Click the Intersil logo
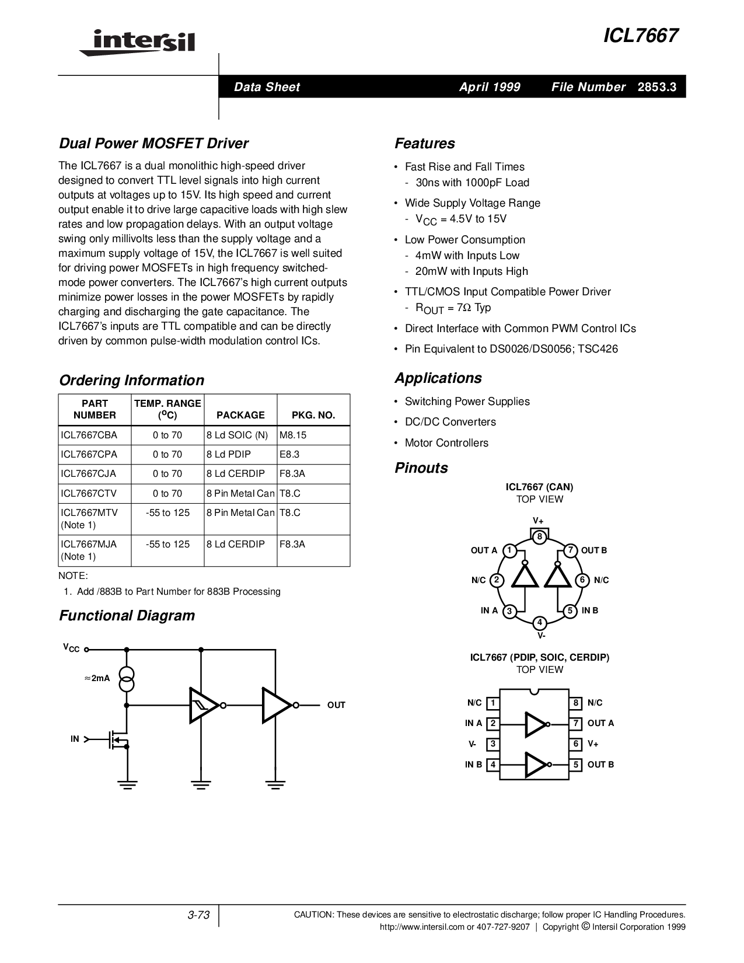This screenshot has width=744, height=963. [x=137, y=42]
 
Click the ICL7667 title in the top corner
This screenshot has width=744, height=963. [x=640, y=36]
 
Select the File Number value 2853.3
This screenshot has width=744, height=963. [x=657, y=87]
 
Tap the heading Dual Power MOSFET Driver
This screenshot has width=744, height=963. [x=153, y=144]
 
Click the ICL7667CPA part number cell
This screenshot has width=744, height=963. [x=89, y=454]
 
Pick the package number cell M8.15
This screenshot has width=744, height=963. [x=293, y=435]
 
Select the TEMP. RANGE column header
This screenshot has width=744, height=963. [x=167, y=409]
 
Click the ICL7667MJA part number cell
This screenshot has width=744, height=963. [x=89, y=544]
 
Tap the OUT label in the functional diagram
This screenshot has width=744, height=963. [x=336, y=705]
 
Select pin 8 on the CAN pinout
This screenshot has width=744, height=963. [x=540, y=536]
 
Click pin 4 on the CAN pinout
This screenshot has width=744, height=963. [x=540, y=623]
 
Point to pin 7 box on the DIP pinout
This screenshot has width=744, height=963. [x=576, y=724]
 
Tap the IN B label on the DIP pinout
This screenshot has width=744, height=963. [x=473, y=765]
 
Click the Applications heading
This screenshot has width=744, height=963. [x=438, y=378]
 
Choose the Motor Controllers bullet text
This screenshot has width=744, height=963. [x=446, y=443]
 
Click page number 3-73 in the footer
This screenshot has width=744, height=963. [x=198, y=915]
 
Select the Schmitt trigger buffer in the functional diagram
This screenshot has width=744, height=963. [x=203, y=705]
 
